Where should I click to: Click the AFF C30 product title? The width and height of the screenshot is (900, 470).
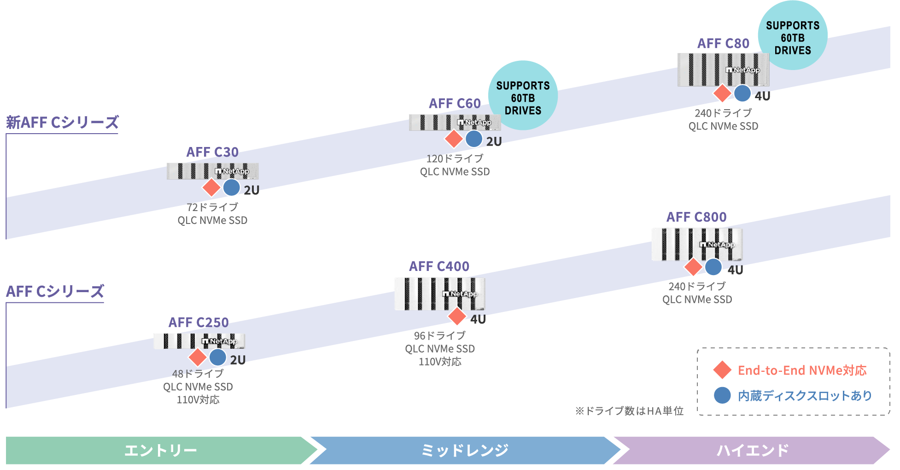pos(212,152)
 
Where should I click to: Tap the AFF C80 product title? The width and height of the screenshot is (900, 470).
pos(723,44)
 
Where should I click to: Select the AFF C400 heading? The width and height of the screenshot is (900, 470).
pos(439,266)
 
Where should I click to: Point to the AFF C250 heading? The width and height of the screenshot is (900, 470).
pos(198,323)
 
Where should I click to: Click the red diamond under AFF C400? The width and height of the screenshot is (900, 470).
pos(457,316)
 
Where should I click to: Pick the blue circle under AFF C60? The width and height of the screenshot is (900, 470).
pos(474,139)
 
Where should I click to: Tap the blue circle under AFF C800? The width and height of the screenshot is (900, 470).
pos(713,267)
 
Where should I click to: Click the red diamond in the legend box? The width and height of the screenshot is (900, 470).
pos(722,370)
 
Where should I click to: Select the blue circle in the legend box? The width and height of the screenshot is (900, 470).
pos(722,395)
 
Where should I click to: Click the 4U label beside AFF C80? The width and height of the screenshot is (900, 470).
pos(762,96)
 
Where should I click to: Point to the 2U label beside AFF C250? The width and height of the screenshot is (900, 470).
pos(238,360)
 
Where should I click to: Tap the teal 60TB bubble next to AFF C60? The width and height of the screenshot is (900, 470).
pos(523,95)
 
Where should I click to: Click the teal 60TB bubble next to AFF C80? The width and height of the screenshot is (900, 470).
pos(792,35)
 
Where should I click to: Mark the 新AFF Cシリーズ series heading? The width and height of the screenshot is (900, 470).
pos(62,123)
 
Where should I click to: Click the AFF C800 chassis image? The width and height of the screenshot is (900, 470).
pos(696,244)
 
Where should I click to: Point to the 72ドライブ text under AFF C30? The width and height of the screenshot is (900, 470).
pos(212,207)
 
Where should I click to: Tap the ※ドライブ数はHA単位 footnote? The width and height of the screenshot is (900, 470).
pos(629,411)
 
